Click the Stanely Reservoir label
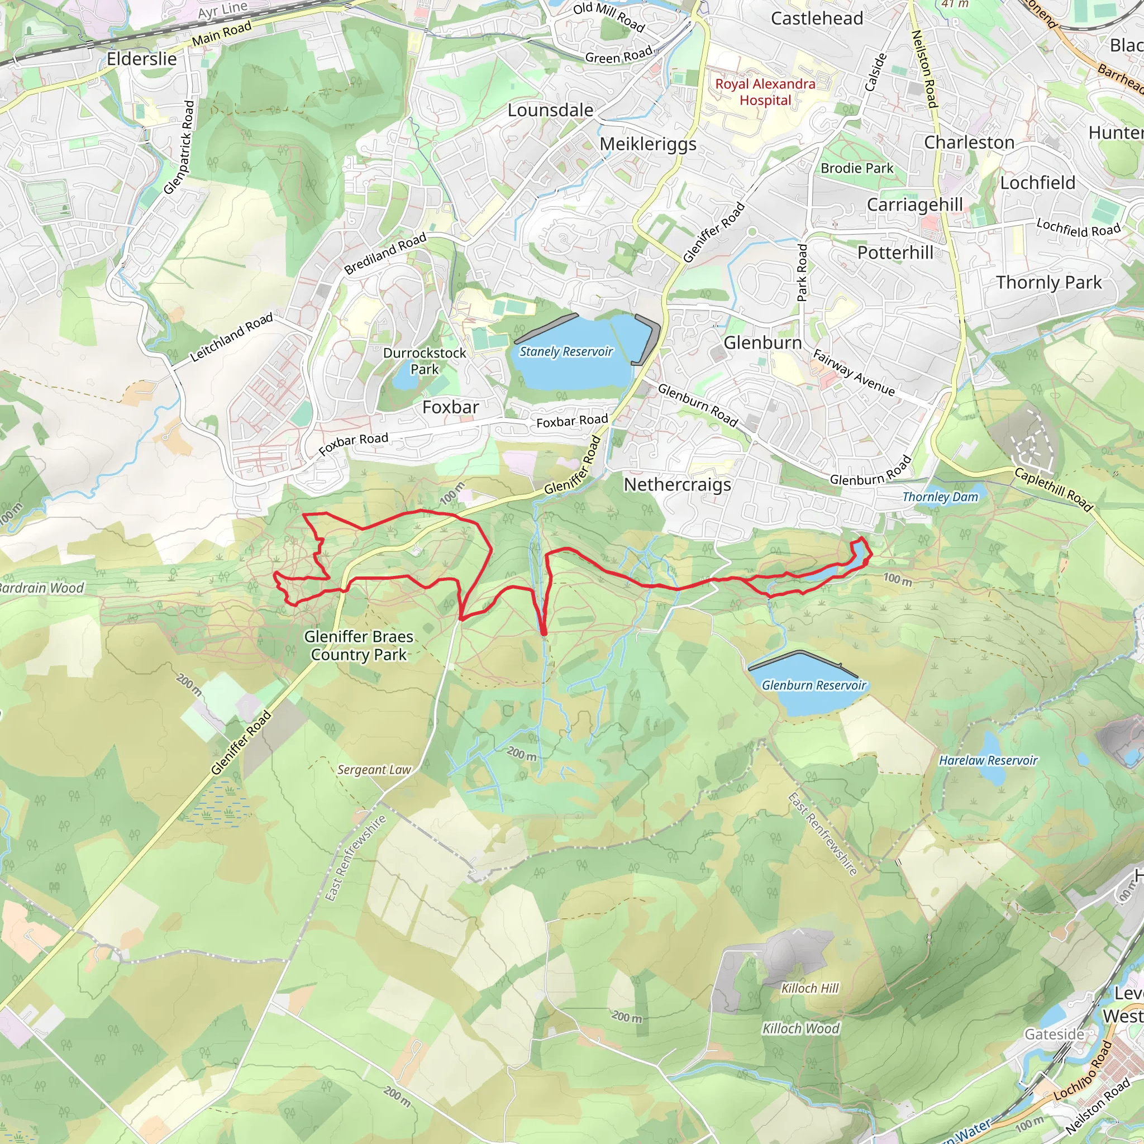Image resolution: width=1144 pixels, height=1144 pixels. tap(565, 352)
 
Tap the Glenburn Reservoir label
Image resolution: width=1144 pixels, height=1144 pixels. tap(813, 685)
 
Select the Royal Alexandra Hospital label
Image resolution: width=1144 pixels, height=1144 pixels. tap(765, 92)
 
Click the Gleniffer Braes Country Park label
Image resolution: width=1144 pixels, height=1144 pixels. tap(358, 645)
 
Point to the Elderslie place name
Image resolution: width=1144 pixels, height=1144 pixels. tap(141, 59)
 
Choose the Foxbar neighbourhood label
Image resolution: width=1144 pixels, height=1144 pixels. tap(451, 407)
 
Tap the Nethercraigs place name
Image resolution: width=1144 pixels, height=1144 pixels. tap(678, 484)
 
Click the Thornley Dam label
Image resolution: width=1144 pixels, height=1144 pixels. tap(940, 497)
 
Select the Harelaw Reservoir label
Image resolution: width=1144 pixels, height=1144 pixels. tap(988, 760)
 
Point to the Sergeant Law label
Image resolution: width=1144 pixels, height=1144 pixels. tap(374, 770)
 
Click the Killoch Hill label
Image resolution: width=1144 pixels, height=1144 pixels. tap(810, 988)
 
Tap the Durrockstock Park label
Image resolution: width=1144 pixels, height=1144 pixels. tap(425, 361)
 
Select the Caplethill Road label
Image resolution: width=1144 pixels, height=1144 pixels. tap(1053, 489)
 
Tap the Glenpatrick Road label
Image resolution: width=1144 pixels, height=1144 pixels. tap(179, 147)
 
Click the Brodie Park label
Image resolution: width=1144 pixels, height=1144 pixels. tap(857, 168)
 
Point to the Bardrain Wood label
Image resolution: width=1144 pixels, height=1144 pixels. tap(41, 588)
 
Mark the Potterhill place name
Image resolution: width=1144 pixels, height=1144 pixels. tap(895, 253)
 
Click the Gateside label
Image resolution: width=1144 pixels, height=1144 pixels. tap(1055, 1034)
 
